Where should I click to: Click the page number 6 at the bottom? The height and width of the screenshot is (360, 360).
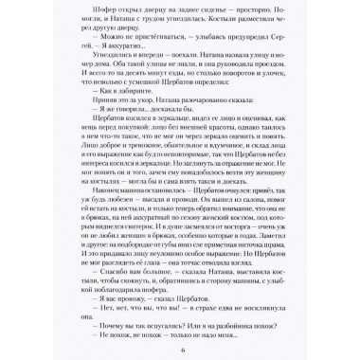pos(180,348)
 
